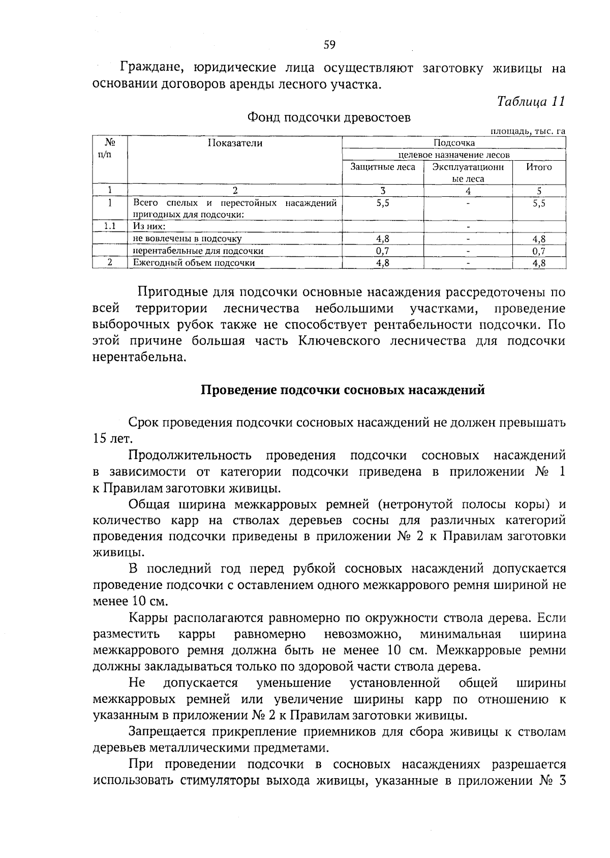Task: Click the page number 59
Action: click(329, 45)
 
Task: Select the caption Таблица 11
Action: click(531, 101)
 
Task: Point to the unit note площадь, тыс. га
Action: click(527, 131)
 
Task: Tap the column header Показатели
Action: click(235, 143)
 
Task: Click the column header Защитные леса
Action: click(383, 167)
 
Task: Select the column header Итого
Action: click(539, 167)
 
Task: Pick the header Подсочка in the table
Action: click(454, 143)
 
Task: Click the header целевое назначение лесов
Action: click(453, 155)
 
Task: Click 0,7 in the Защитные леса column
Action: click(382, 251)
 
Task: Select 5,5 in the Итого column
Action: click(539, 203)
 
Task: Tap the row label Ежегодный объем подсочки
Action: click(194, 263)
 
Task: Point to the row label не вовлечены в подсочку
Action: click(187, 239)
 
